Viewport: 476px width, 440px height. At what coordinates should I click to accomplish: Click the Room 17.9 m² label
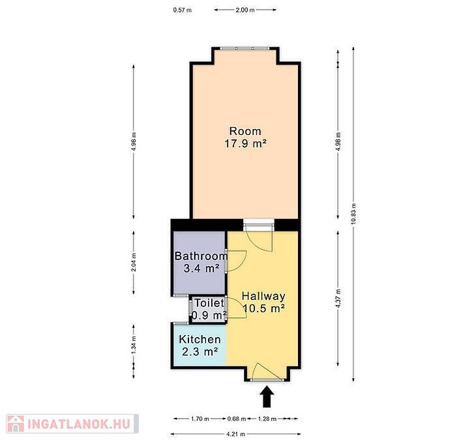point(245,137)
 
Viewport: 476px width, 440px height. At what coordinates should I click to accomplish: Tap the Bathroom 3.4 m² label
point(201,262)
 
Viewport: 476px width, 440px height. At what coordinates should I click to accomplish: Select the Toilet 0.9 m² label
point(209,309)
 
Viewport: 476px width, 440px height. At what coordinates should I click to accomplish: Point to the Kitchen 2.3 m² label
point(200,345)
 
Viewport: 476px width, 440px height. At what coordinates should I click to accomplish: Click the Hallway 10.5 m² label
point(263,302)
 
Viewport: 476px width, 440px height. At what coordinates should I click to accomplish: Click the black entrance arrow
point(267,396)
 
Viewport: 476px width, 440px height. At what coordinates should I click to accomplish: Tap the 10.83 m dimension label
point(353,214)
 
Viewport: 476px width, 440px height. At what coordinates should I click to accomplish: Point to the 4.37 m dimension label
point(338,298)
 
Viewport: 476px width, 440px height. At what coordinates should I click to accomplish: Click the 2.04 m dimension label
point(134,262)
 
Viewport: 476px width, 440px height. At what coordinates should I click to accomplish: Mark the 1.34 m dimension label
point(134,344)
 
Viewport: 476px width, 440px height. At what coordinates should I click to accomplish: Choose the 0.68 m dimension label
point(237,419)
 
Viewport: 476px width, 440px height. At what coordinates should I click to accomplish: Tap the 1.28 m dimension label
point(267,419)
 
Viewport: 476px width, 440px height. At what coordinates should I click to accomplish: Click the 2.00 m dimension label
point(245,10)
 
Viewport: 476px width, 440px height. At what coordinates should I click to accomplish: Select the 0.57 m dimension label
point(183,10)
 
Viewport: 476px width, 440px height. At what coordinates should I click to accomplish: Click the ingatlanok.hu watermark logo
point(72,424)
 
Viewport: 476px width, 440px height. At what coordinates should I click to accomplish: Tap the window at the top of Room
point(245,48)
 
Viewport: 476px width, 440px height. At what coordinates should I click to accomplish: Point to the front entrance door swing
point(269,371)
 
